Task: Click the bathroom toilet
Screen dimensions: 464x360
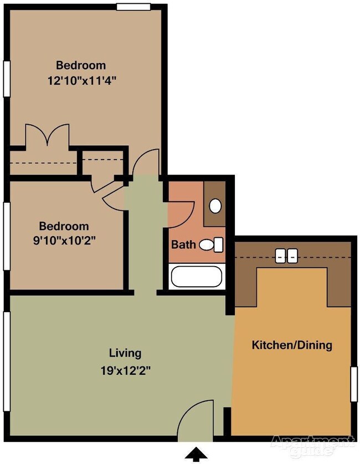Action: [211, 244]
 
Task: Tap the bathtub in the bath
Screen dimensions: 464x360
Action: [196, 277]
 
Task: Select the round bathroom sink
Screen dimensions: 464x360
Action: [215, 206]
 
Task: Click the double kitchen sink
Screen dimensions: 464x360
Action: [285, 256]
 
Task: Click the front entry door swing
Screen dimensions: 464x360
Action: [195, 424]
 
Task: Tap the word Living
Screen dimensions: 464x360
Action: [125, 353]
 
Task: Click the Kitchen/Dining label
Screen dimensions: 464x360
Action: [292, 345]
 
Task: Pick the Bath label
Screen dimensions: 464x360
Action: [183, 244]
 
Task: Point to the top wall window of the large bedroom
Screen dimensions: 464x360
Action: [133, 7]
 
